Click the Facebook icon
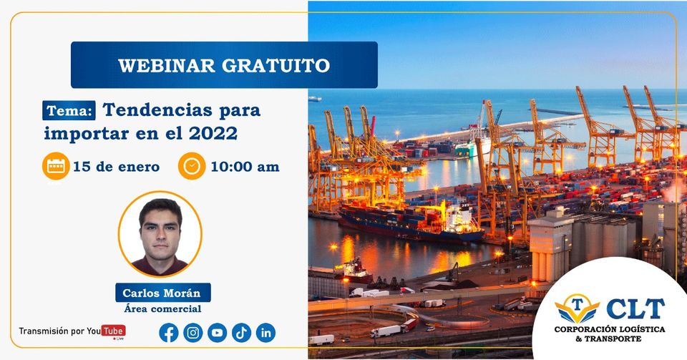tap(169, 333)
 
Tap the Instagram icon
tap(193, 333)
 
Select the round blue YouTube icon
tap(218, 333)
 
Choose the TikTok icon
tap(241, 333)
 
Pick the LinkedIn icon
tap(266, 333)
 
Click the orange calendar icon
tap(56, 166)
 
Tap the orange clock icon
tap(192, 166)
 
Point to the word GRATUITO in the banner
tap(276, 66)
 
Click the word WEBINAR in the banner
tap(167, 66)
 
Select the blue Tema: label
tap(69, 110)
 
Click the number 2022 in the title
tap(213, 133)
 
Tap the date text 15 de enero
tap(116, 167)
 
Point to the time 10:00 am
tap(245, 167)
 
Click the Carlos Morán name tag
tap(163, 293)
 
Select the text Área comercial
tap(162, 308)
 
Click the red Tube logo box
tap(114, 331)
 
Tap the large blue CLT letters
tap(635, 308)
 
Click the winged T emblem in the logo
tap(577, 308)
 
